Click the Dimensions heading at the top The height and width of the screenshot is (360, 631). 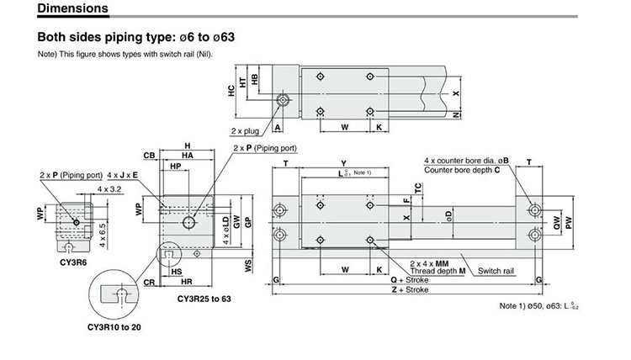72,10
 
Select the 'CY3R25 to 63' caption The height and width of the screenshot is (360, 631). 204,299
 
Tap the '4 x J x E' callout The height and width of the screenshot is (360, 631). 124,174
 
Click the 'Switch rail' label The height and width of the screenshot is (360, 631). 495,271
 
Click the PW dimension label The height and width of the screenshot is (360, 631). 570,222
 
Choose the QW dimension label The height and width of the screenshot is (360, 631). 556,222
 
